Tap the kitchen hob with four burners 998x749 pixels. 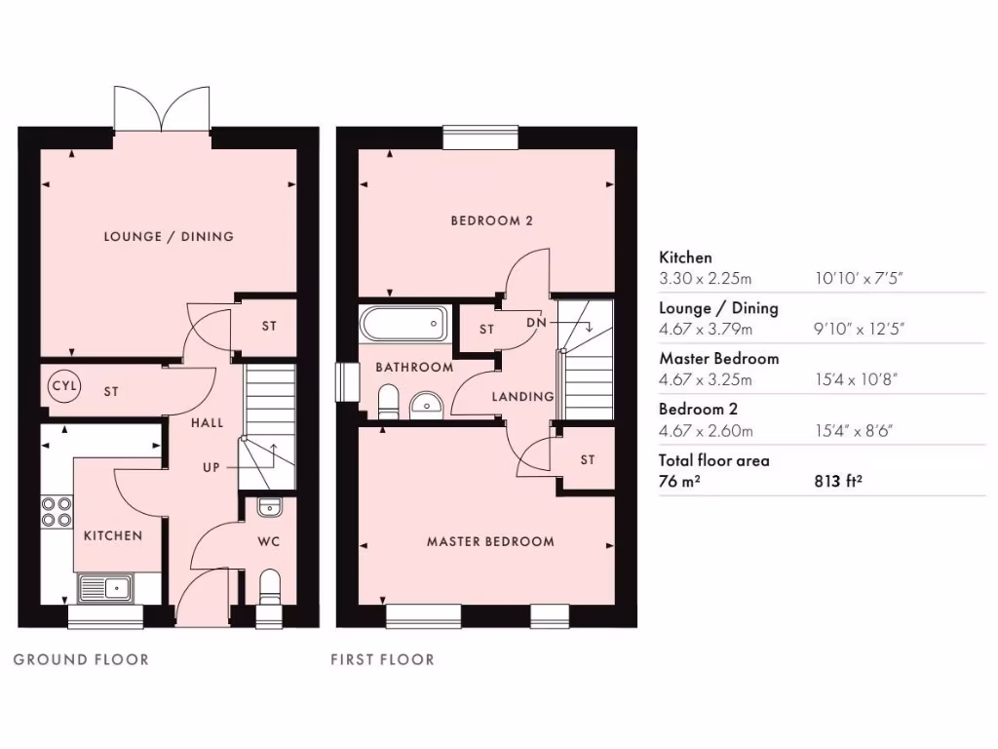coord(58,512)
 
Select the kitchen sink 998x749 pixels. coord(106,587)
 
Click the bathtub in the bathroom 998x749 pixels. coord(403,323)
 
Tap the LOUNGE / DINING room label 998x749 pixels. coord(170,236)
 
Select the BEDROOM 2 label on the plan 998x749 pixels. coord(491,220)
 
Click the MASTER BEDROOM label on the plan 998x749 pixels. coord(490,541)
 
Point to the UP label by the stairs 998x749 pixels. coord(211,467)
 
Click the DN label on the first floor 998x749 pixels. coord(535,323)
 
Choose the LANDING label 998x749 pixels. coord(522,397)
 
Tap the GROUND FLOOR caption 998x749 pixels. coord(81,660)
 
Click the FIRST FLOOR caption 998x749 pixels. coord(382,660)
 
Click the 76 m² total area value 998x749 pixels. coord(679,479)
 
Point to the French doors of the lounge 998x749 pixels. coord(163,108)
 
